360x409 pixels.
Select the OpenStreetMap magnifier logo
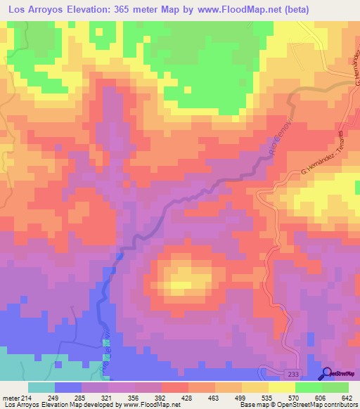[x=327, y=374]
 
